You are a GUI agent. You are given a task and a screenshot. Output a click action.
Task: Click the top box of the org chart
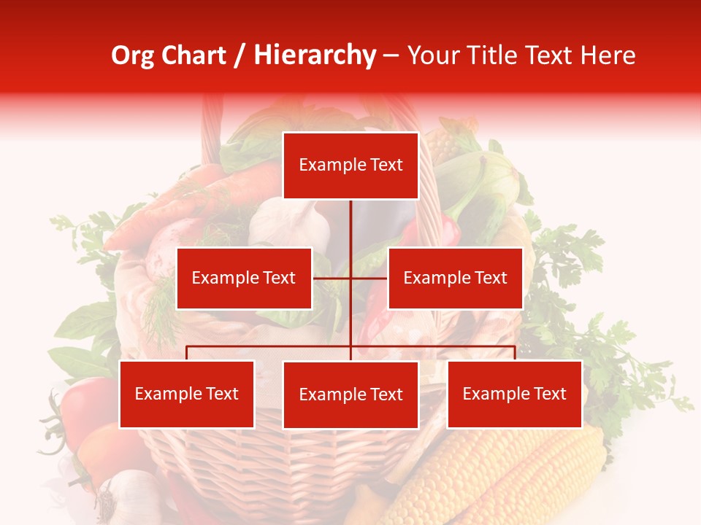tap(350, 166)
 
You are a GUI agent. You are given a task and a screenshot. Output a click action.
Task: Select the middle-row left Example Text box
tap(244, 278)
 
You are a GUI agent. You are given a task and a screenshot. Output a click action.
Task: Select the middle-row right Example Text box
tap(455, 278)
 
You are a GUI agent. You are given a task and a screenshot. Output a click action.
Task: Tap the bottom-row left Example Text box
tap(187, 394)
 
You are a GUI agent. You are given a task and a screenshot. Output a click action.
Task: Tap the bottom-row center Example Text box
tap(350, 394)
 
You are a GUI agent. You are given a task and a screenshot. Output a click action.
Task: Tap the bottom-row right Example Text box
tap(514, 394)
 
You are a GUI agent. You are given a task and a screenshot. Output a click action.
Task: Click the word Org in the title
tap(133, 55)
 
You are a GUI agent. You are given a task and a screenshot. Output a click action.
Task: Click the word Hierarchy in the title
tap(315, 55)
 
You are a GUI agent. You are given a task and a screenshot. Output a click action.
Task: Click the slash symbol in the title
tap(240, 56)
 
